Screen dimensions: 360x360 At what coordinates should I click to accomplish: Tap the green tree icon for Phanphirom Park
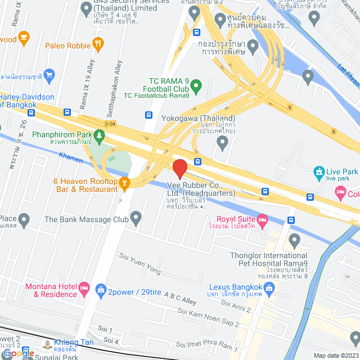(x=99, y=135)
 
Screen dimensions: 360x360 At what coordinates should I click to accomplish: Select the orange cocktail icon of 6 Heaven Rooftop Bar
(x=124, y=182)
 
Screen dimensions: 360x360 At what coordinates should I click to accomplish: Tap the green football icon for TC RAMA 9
(x=196, y=87)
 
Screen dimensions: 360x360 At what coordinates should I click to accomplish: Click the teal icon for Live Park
(x=319, y=171)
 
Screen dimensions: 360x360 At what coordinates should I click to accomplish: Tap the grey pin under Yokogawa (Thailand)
(x=223, y=143)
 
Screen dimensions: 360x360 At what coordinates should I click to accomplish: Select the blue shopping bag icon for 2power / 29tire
(x=101, y=291)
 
